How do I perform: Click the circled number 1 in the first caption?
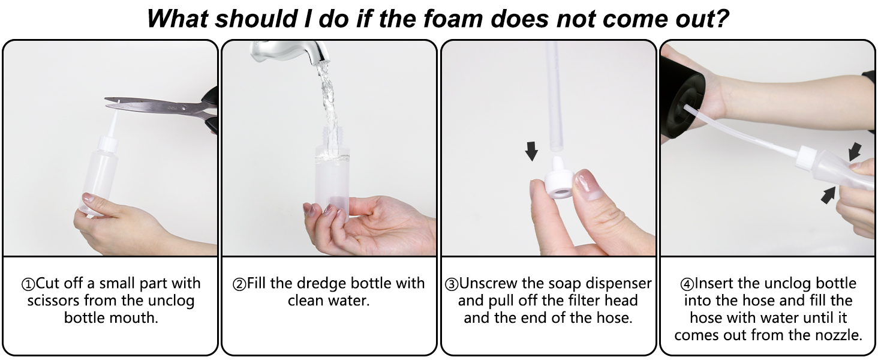[28, 284]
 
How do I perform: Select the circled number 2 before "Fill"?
[239, 284]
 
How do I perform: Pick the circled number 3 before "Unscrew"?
[452, 284]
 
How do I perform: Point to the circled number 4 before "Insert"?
[687, 284]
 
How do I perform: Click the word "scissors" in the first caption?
[53, 301]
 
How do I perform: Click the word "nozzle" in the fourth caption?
[839, 335]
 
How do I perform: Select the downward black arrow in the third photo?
[531, 151]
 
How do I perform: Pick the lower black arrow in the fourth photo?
[828, 195]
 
